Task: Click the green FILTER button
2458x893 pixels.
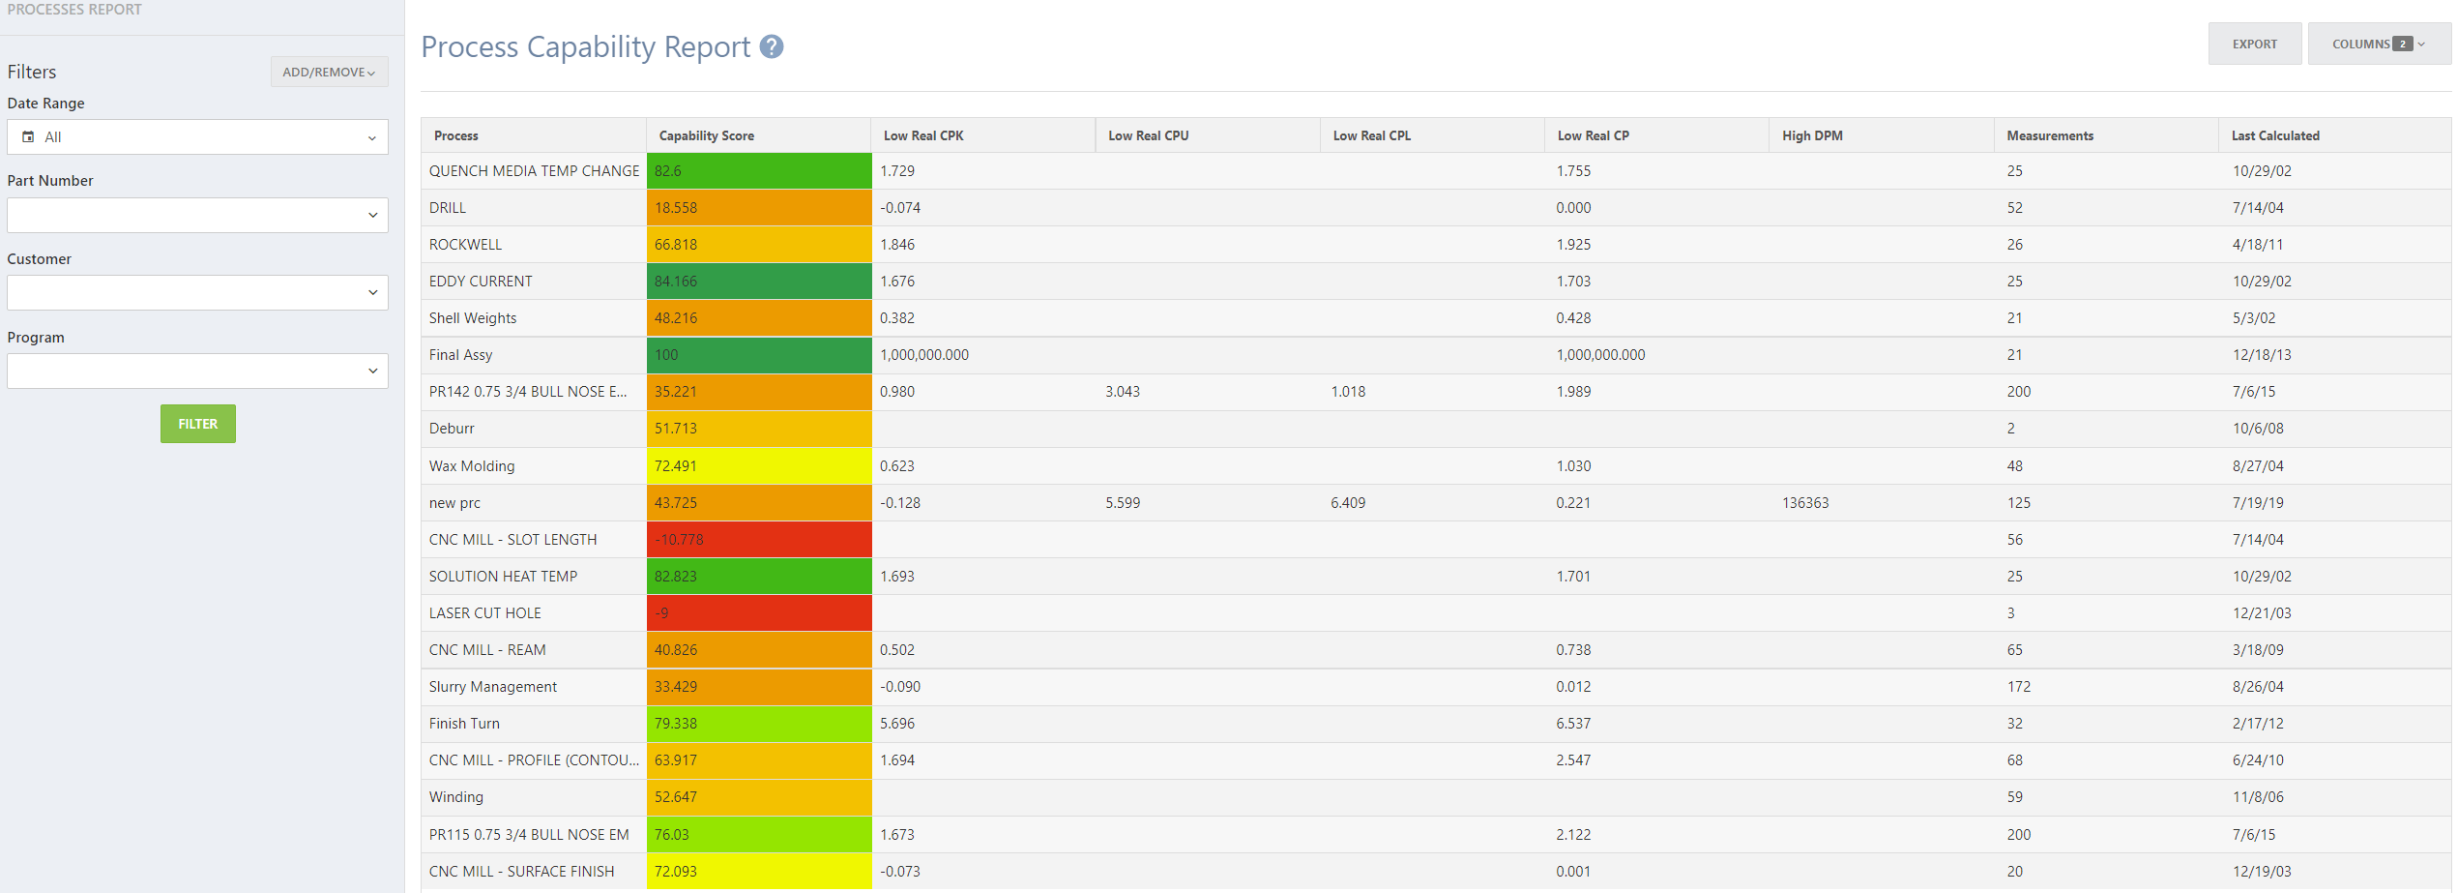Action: click(x=197, y=424)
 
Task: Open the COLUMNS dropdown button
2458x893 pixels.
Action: click(x=2378, y=44)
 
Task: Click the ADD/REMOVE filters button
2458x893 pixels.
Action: click(x=329, y=72)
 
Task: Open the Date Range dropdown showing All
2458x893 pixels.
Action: click(x=197, y=137)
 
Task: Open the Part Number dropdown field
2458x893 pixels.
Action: click(x=197, y=215)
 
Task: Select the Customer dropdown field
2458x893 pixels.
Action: click(x=197, y=292)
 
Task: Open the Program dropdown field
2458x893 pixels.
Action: click(x=197, y=371)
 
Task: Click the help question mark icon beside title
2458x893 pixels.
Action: click(x=771, y=46)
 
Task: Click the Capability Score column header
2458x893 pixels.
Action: click(x=706, y=135)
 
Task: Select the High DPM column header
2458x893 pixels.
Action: click(x=1812, y=135)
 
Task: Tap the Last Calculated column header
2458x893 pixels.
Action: click(x=2274, y=135)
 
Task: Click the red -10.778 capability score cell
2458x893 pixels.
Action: click(x=758, y=540)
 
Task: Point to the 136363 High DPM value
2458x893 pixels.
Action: click(x=1804, y=503)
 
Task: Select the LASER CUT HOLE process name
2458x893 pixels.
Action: click(x=485, y=613)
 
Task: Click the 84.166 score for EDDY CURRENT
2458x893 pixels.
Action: click(x=758, y=282)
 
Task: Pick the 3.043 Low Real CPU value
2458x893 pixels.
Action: click(x=1122, y=392)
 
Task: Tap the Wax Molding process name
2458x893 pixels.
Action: click(x=472, y=466)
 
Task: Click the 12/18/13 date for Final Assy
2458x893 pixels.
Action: click(x=2261, y=355)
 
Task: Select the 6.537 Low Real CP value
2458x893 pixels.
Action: click(x=1573, y=724)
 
